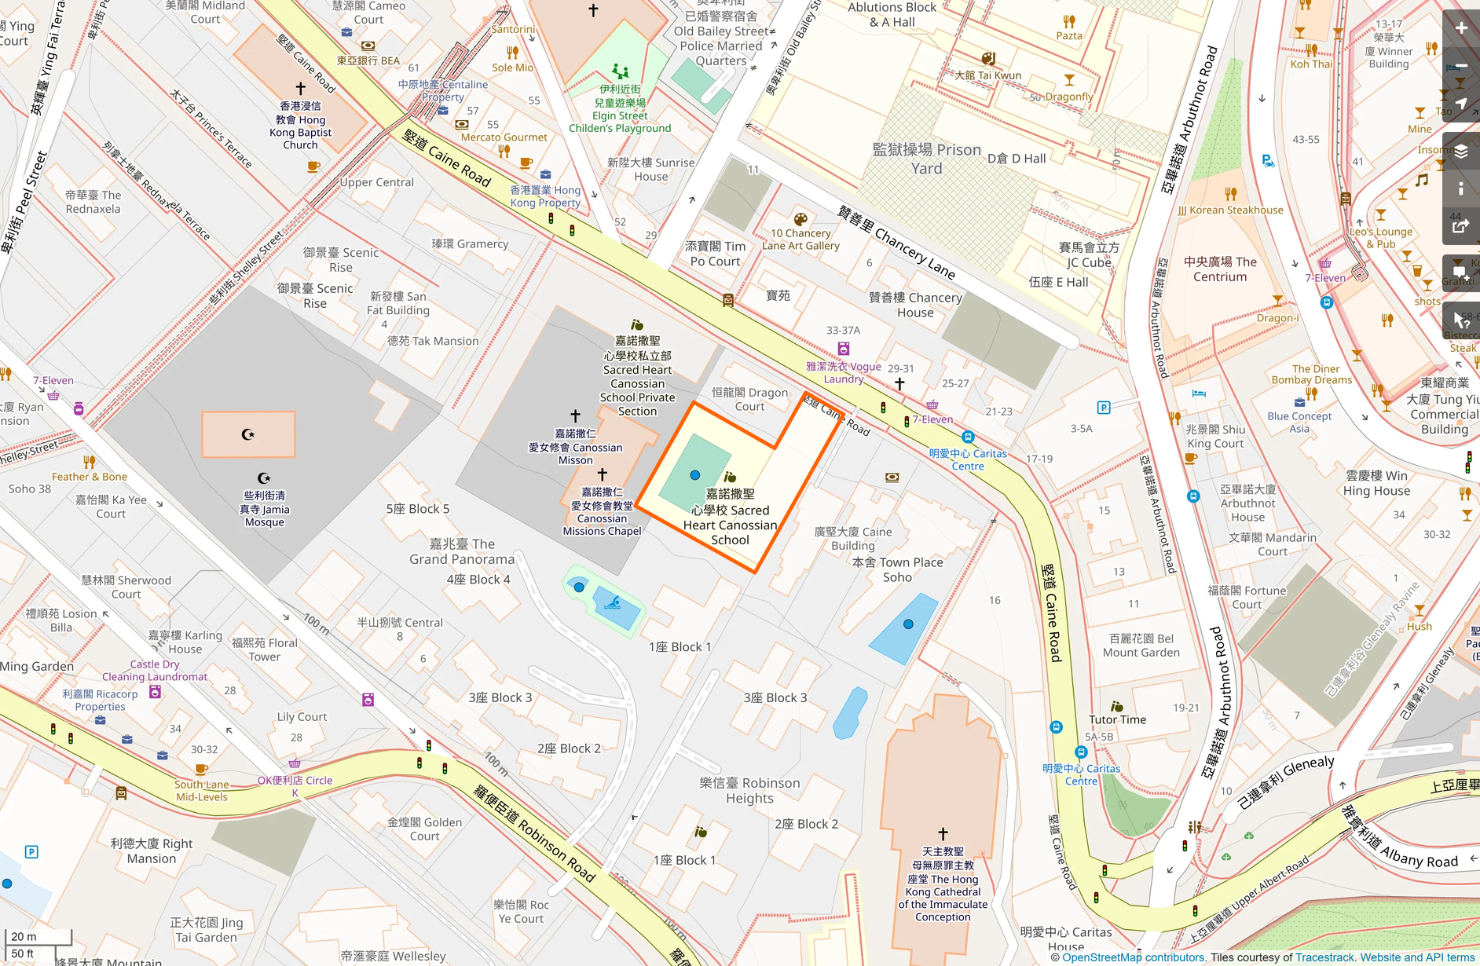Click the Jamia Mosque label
point(265,509)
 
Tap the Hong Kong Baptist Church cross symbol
point(300,89)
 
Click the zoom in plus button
point(1461,28)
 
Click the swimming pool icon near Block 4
point(615,603)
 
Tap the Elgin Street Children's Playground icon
point(621,71)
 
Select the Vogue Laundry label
point(844,372)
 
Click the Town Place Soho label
point(897,569)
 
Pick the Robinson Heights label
point(749,790)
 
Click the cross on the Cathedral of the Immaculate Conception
point(943,833)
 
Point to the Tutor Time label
point(1117,719)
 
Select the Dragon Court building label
point(749,399)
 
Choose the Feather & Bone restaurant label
point(89,476)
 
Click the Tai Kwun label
point(987,75)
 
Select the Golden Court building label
point(424,829)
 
